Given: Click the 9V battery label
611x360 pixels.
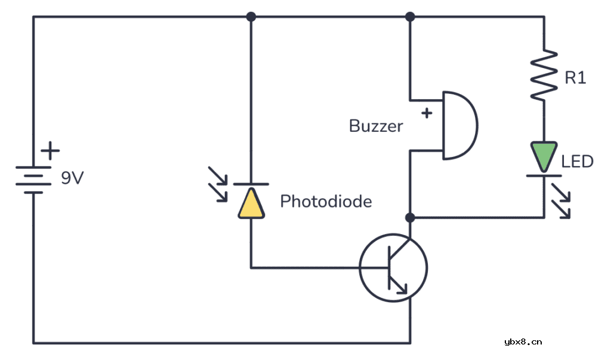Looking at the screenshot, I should [x=72, y=178].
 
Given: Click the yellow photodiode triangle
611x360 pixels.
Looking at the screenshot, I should [x=251, y=203].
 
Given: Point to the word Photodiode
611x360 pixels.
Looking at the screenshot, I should [x=326, y=201].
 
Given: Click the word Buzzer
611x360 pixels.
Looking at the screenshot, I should [x=375, y=127].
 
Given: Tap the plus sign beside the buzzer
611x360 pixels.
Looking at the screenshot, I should [x=426, y=112].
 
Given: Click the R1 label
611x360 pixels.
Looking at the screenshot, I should [x=575, y=78].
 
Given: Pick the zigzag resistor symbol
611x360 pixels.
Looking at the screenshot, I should [x=544, y=75].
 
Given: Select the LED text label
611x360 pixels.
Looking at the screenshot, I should [x=577, y=161].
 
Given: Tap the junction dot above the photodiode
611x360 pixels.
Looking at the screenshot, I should [x=251, y=17].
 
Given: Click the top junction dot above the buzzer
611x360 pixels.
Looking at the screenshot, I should [x=410, y=17].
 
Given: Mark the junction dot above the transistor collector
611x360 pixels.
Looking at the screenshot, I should [x=410, y=217].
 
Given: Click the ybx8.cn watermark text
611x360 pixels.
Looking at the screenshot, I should [x=523, y=342].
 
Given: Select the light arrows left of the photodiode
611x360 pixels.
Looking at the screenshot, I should [x=217, y=183].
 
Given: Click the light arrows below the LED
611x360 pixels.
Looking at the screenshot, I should [x=560, y=200].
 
